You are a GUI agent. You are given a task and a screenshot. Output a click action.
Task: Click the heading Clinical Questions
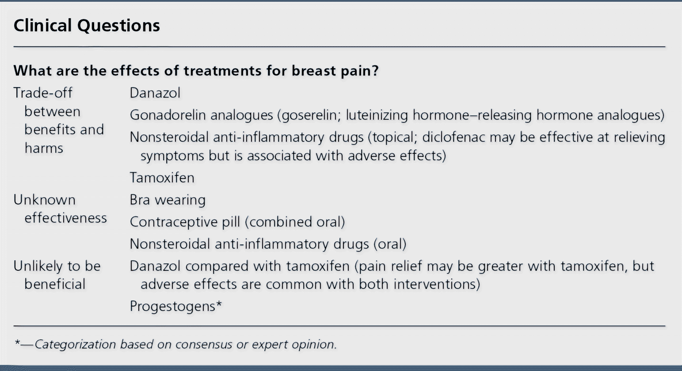87,26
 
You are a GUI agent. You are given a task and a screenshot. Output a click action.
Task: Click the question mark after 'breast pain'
375,71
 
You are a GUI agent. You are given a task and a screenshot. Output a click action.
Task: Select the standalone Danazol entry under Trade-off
155,93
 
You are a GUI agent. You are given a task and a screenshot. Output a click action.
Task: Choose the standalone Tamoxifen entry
162,178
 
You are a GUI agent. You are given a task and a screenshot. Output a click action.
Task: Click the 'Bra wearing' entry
168,200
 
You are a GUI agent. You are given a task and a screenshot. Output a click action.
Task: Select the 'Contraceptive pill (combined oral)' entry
237,222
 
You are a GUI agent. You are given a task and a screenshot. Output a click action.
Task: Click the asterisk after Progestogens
219,304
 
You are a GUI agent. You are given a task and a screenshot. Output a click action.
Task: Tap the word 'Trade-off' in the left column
43,93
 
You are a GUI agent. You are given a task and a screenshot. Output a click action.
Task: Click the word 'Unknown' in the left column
45,200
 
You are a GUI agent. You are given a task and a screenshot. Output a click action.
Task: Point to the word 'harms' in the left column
44,148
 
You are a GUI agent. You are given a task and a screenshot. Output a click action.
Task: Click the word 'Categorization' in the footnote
75,344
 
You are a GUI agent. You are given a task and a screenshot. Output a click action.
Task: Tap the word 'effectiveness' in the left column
66,218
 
